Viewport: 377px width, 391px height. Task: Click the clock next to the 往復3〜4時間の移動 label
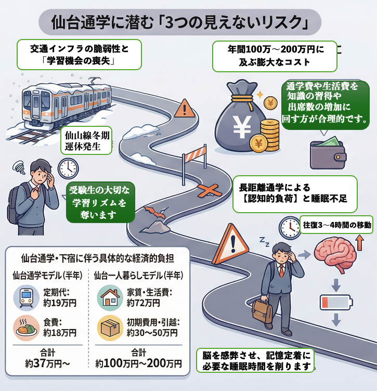pos(289,226)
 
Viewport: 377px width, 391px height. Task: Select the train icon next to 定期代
pos(25,297)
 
